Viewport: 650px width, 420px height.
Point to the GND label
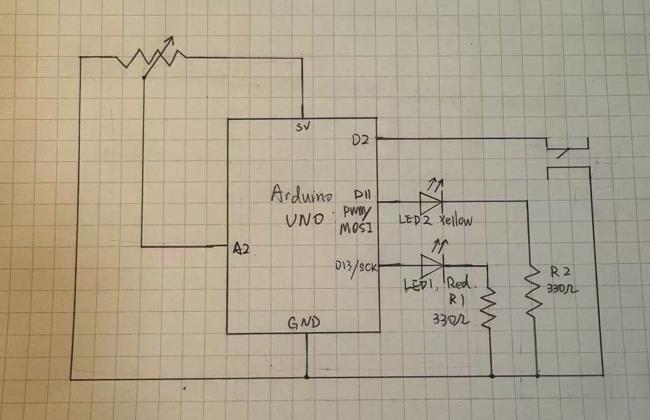[x=304, y=322]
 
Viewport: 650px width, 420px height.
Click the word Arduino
[x=302, y=195]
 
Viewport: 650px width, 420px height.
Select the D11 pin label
[x=364, y=195]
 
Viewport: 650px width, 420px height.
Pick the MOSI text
[x=356, y=229]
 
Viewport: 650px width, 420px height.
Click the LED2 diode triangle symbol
[x=431, y=201]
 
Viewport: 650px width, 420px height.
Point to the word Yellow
[x=456, y=221]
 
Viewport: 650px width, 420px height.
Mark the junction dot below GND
[x=306, y=376]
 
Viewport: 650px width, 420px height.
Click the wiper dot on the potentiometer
[x=144, y=77]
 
